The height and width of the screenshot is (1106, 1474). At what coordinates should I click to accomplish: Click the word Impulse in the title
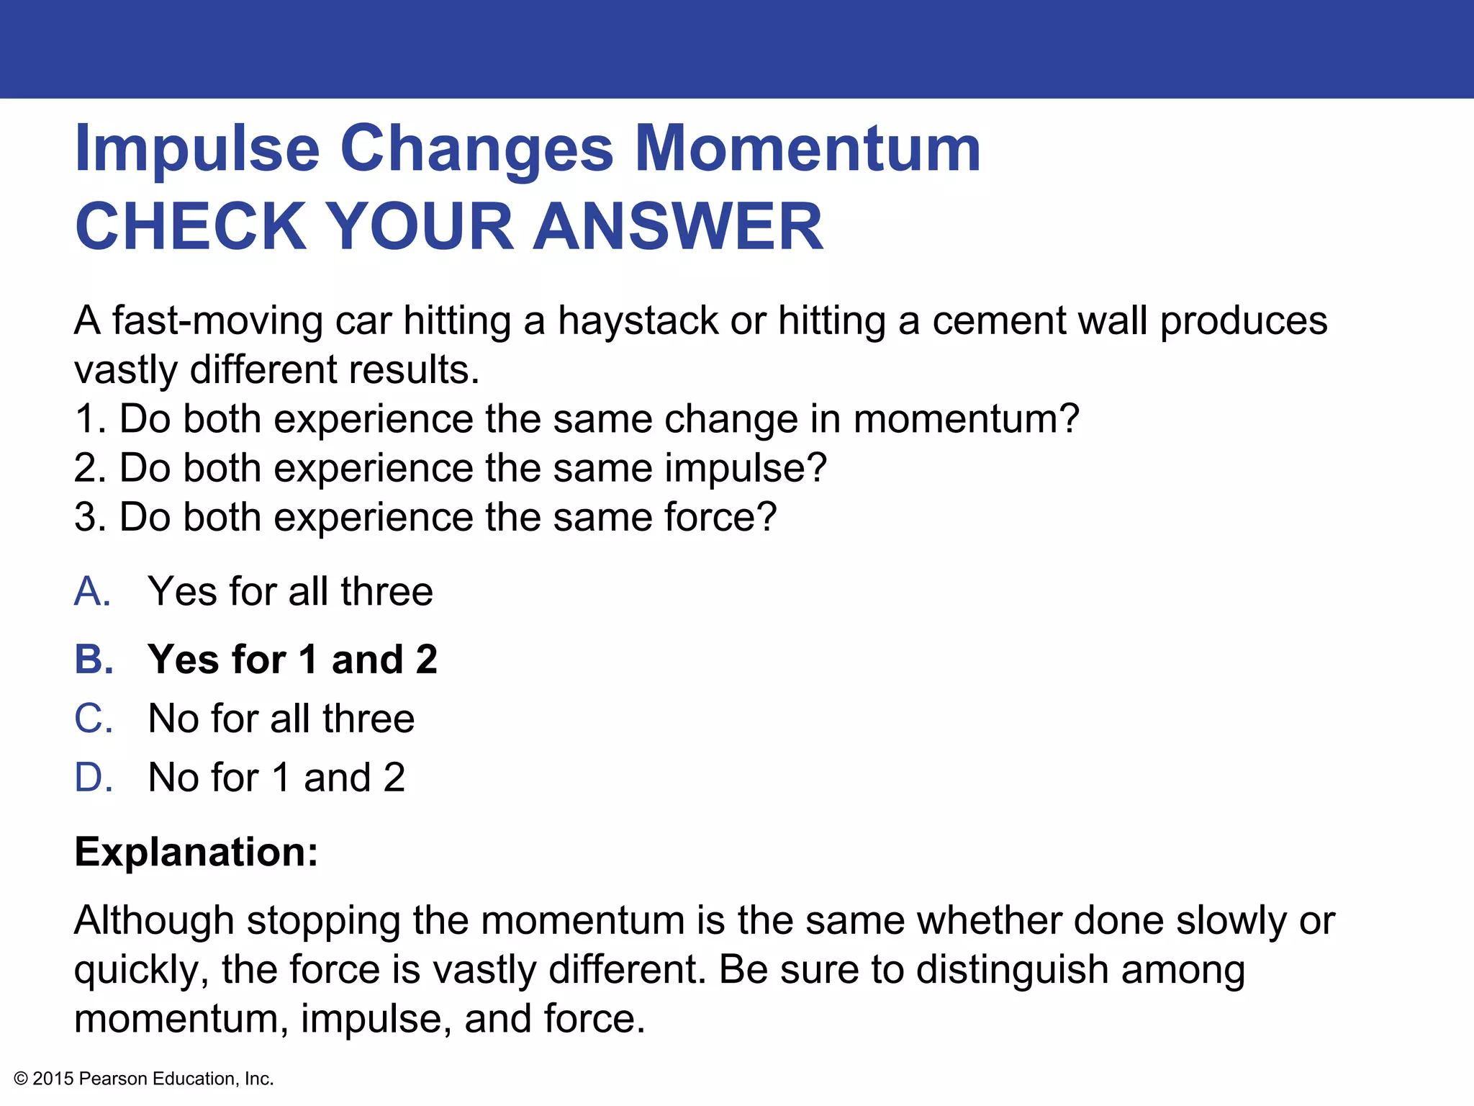click(x=196, y=150)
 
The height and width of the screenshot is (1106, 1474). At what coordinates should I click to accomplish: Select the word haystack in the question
click(x=638, y=320)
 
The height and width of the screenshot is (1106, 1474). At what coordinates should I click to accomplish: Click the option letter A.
click(x=92, y=592)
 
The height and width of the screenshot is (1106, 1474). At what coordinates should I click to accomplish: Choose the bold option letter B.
click(x=94, y=660)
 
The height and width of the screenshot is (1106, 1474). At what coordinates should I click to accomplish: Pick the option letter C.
click(x=94, y=719)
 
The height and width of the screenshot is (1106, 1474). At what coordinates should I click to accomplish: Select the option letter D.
click(x=94, y=778)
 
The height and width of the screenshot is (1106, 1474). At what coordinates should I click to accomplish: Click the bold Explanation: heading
click(x=196, y=852)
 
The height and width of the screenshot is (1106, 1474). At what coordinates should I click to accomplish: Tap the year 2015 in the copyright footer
click(x=53, y=1079)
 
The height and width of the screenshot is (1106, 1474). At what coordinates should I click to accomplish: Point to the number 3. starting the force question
click(x=91, y=517)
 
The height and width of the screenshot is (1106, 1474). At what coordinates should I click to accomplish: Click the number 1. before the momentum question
click(x=91, y=419)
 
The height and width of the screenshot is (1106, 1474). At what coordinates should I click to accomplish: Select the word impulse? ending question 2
click(x=745, y=469)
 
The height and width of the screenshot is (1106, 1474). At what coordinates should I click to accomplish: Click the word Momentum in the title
click(x=808, y=150)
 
